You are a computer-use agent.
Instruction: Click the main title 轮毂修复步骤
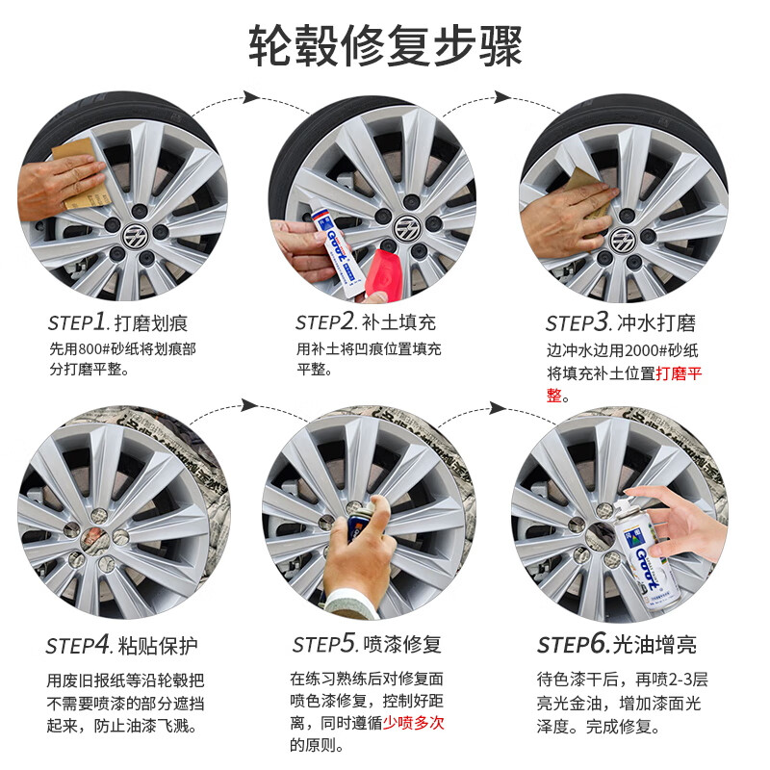385,44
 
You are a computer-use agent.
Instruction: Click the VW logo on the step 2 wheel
405,228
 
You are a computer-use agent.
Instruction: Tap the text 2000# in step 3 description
625,350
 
